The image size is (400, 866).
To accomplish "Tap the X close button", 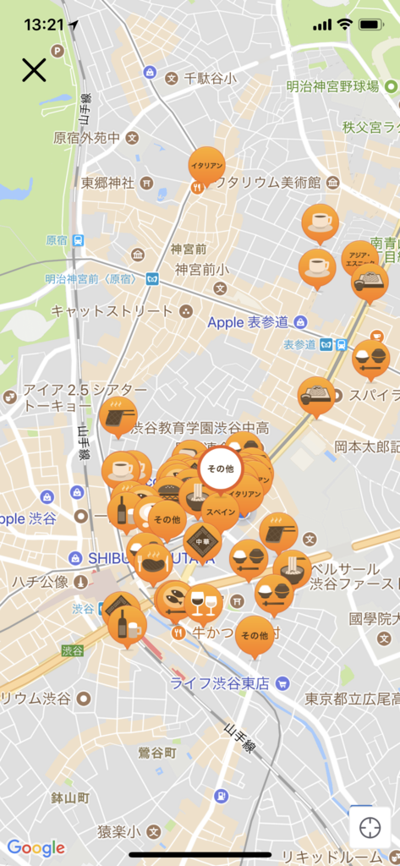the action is point(34,69).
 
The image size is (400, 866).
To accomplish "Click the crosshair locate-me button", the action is point(370,827).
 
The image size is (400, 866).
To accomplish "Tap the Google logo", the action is point(36,847).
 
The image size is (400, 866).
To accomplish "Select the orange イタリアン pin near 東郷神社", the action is point(206,168).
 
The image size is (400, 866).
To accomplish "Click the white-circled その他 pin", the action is point(220,467).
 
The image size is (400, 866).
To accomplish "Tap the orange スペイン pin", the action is point(220,512).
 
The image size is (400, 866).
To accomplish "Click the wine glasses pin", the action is point(204,603).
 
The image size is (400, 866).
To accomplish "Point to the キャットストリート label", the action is point(112,310).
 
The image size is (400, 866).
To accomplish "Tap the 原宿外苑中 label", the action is point(86,137).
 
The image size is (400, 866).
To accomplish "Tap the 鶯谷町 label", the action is point(158,751).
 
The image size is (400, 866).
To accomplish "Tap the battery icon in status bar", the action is point(372,25).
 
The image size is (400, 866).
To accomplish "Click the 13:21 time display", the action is point(43,25).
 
